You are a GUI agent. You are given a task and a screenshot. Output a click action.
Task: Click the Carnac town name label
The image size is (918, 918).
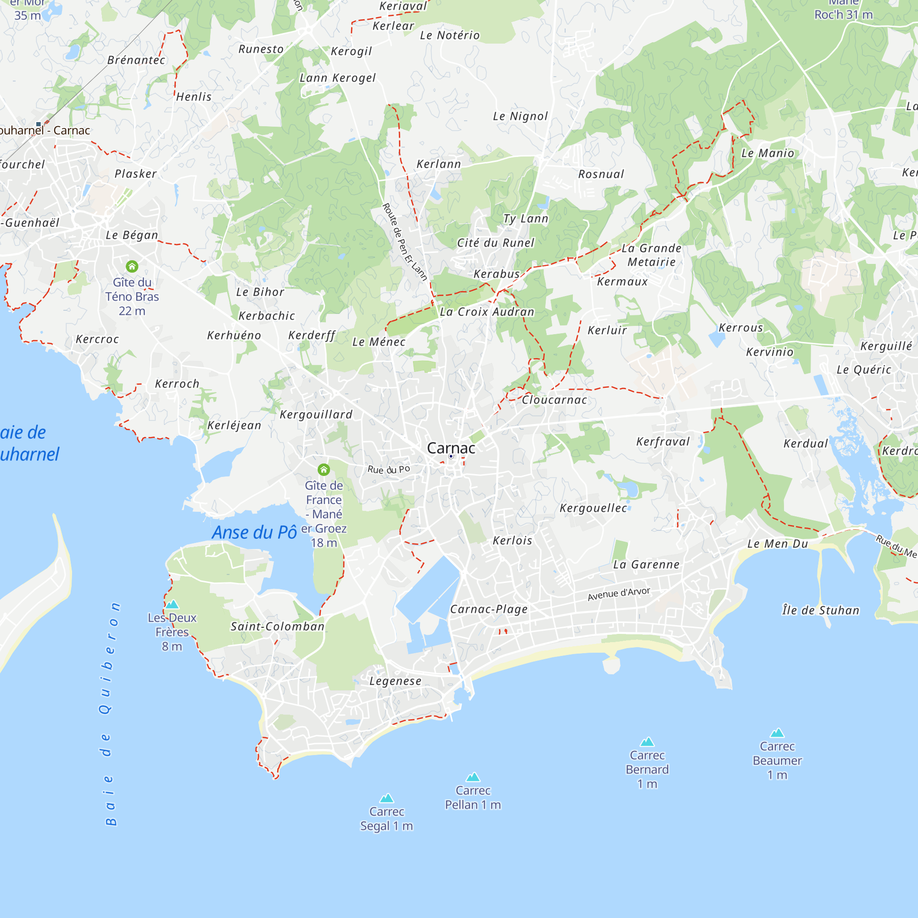pos(450,448)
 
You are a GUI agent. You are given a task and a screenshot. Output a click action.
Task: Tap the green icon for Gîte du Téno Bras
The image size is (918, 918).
pos(132,267)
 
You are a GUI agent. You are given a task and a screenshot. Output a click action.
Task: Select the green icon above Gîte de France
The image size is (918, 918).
pos(324,470)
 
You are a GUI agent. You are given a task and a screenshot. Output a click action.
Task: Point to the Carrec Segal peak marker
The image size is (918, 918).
pos(387,798)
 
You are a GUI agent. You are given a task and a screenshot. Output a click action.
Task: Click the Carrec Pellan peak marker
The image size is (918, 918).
pos(473,778)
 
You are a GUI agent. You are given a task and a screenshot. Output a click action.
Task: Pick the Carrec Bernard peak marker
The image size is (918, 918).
pos(647,742)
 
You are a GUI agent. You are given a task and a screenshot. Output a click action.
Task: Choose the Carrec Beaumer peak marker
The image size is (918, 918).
pos(777,733)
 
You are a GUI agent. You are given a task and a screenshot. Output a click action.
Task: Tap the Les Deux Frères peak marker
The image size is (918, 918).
pos(172,605)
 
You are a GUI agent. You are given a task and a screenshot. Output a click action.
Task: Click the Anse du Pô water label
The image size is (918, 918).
pos(254,532)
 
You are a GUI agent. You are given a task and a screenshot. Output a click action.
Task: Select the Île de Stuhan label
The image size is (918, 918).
pos(821,610)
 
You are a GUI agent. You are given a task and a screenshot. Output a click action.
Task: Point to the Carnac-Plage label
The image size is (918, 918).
pos(489,609)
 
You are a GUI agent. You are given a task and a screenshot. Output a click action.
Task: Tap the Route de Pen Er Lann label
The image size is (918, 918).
pos(405,242)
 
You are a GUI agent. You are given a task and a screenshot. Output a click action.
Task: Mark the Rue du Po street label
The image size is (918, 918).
pos(389,470)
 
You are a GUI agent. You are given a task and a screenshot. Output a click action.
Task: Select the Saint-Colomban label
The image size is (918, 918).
pos(278,627)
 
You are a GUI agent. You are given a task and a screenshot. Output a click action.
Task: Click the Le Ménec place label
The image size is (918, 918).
pos(379,342)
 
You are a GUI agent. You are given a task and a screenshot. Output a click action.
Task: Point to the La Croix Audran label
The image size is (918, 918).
pos(487,312)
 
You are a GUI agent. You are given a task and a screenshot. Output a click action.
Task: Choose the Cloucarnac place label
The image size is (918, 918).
pos(554,400)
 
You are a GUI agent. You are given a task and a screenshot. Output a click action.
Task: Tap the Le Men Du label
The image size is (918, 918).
pos(778,544)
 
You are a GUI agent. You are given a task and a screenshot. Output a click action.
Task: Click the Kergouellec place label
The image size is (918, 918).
pos(593,509)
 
